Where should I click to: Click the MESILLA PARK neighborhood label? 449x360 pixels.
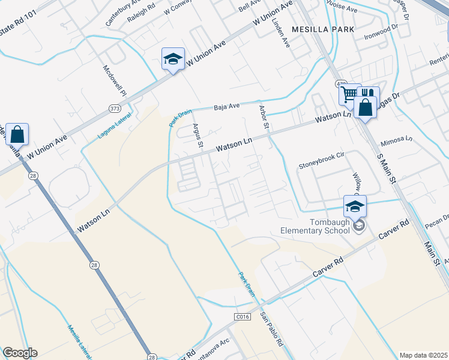322,29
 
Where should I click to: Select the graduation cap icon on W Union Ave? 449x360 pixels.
172,59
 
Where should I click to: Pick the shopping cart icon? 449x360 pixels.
348,94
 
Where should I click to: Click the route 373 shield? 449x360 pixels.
114,108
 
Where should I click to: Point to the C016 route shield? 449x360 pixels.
241,316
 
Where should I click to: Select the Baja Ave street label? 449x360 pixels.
227,107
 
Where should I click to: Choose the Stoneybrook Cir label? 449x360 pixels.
321,154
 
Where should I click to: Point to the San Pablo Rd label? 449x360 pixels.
271,329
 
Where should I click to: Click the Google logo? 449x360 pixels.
19,353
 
